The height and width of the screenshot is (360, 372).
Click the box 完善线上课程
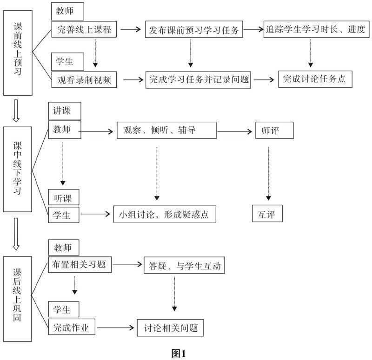click(84, 30)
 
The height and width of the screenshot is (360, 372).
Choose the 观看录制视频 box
click(84, 79)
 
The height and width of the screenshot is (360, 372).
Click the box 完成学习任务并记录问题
click(199, 79)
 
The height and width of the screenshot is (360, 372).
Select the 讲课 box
click(64, 111)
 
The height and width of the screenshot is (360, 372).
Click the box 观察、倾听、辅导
click(166, 130)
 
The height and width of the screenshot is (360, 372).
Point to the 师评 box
click(274, 130)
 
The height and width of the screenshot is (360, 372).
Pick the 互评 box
click(267, 214)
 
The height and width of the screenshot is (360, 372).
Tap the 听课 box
click(64, 197)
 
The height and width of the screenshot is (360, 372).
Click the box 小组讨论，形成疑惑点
click(165, 215)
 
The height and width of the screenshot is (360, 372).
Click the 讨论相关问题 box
click(171, 328)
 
